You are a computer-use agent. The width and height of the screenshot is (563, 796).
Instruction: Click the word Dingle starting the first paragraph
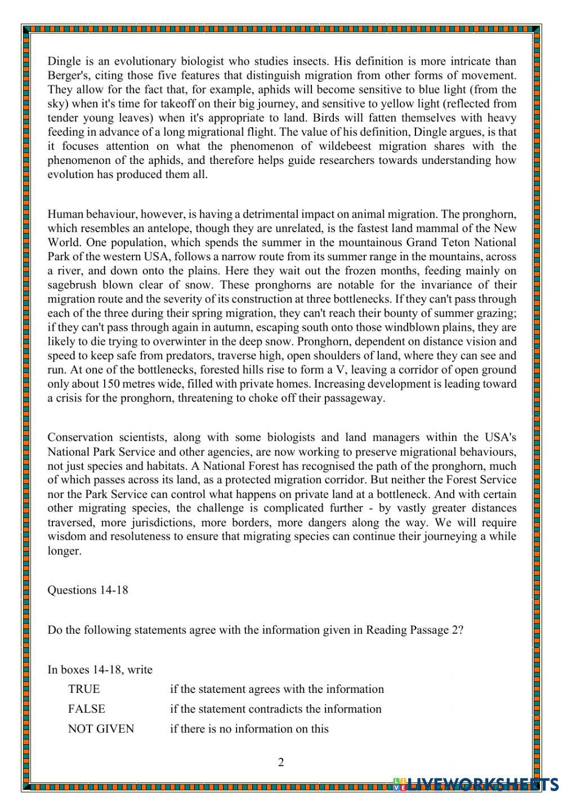(64, 61)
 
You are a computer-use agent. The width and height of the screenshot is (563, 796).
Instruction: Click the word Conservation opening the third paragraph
(79, 438)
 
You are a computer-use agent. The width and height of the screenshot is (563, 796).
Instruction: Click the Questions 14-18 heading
(88, 590)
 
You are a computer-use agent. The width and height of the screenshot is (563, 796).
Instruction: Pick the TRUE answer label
(84, 689)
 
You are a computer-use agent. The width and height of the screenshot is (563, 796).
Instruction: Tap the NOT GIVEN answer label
(101, 728)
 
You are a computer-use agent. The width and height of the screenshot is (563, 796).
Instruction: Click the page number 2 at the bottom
(281, 762)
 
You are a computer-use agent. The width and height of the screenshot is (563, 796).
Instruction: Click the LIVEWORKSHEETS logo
(476, 784)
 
